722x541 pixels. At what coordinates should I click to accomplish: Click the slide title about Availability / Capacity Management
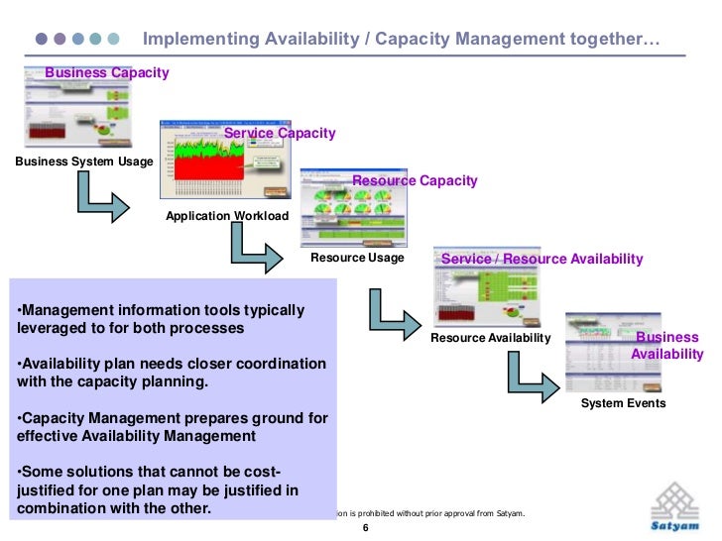(402, 40)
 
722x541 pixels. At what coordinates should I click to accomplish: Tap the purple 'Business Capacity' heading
(107, 72)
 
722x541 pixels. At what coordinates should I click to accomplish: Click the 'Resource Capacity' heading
(415, 180)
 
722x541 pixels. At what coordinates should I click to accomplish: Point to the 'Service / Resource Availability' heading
(541, 259)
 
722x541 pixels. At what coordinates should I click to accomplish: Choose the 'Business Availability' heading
(667, 346)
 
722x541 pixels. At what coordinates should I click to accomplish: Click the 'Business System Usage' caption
(84, 162)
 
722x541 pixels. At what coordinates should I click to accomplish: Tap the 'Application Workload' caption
(227, 215)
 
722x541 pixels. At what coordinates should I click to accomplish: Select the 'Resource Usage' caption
(357, 258)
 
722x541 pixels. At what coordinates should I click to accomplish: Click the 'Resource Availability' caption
(490, 338)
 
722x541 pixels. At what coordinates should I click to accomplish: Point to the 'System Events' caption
(623, 403)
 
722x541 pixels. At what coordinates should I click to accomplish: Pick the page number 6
(365, 528)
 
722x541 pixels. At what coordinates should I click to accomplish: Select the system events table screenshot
(621, 354)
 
